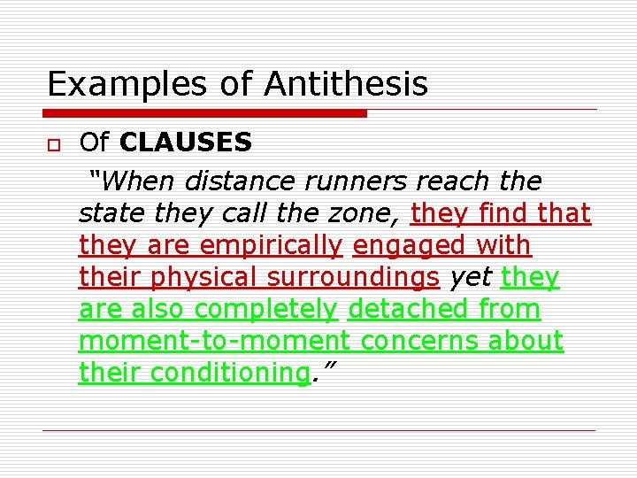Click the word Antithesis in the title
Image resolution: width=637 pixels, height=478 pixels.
(x=344, y=84)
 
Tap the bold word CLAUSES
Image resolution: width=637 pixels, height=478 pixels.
(x=186, y=142)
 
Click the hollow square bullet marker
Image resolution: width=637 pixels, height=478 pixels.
(x=54, y=143)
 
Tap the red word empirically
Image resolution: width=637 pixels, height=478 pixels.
(x=270, y=245)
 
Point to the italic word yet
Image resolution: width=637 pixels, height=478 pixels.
(x=470, y=277)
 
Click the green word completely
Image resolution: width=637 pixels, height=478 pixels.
(x=265, y=309)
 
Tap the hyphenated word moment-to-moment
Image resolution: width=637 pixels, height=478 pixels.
(x=214, y=341)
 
